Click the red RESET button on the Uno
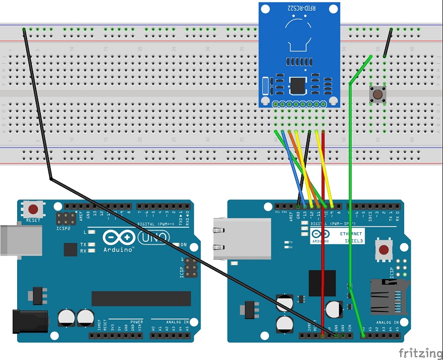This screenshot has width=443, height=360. point(33,209)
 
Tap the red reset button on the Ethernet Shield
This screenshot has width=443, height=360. point(384,249)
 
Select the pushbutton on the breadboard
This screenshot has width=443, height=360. point(376,93)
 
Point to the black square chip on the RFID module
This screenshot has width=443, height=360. point(297,86)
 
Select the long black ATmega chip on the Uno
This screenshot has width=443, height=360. point(141,298)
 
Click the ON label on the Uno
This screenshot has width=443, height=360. point(184,245)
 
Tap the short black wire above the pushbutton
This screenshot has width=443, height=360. point(387,42)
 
